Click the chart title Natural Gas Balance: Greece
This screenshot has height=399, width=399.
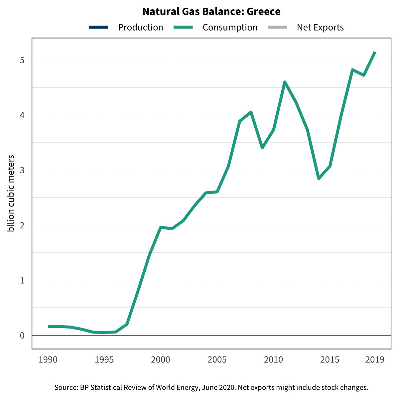point(211,12)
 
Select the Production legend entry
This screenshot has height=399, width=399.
point(140,28)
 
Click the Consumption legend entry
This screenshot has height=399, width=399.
point(230,28)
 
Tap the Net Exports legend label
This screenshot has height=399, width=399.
point(320,28)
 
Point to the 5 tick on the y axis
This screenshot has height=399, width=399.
point(22,60)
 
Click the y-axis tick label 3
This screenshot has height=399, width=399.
point(22,170)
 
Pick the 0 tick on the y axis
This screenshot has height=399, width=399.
point(22,335)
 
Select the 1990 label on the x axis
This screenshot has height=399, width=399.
point(48,360)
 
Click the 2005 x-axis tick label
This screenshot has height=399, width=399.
point(217,360)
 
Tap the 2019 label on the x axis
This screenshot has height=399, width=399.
point(375,360)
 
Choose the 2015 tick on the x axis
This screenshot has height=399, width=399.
point(330,360)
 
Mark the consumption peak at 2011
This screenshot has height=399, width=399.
point(285,82)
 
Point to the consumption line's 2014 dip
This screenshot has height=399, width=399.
point(319,179)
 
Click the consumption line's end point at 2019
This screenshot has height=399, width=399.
point(375,52)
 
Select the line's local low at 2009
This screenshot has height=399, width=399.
point(262,148)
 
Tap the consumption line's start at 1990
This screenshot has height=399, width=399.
point(49,327)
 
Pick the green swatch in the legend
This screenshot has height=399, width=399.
point(183,28)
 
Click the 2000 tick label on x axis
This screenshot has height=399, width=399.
point(161,360)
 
